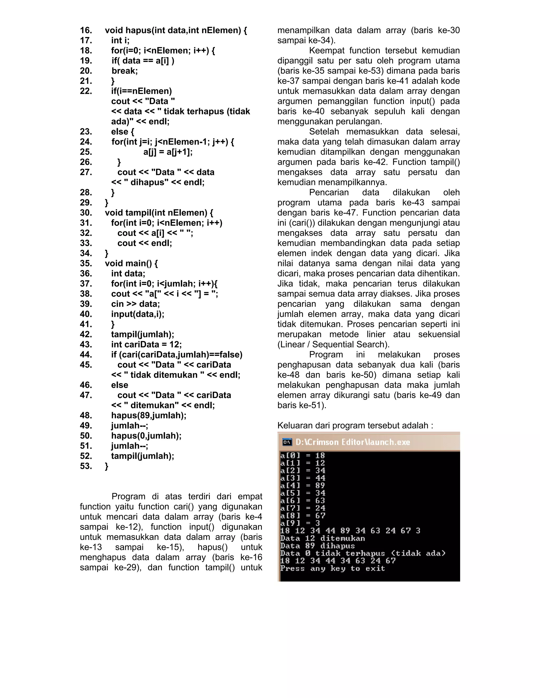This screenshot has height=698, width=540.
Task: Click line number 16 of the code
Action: pyautogui.click(x=86, y=30)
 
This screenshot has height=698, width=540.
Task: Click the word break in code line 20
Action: pyautogui.click(x=124, y=71)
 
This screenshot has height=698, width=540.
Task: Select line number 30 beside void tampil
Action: pyautogui.click(x=86, y=213)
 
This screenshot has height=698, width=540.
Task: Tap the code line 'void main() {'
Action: pyautogui.click(x=131, y=264)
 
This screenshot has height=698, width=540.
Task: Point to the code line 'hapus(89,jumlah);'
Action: pyautogui.click(x=148, y=415)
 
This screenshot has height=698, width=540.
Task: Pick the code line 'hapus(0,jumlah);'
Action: pyautogui.click(x=146, y=436)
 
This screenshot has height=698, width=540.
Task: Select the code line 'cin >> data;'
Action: pyautogui.click(x=135, y=304)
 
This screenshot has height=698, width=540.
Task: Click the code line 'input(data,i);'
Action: pyautogui.click(x=138, y=314)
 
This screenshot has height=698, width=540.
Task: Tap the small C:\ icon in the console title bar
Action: pyautogui.click(x=287, y=442)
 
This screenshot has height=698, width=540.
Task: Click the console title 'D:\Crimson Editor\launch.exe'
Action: pyautogui.click(x=353, y=442)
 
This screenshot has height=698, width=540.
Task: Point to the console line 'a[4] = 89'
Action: pyautogui.click(x=302, y=485)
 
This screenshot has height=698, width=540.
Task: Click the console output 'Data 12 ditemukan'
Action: pyautogui.click(x=322, y=539)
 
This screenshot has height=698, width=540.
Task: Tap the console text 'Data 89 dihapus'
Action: pyautogui.click(x=317, y=546)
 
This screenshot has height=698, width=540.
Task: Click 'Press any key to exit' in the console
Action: pyautogui.click(x=332, y=569)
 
